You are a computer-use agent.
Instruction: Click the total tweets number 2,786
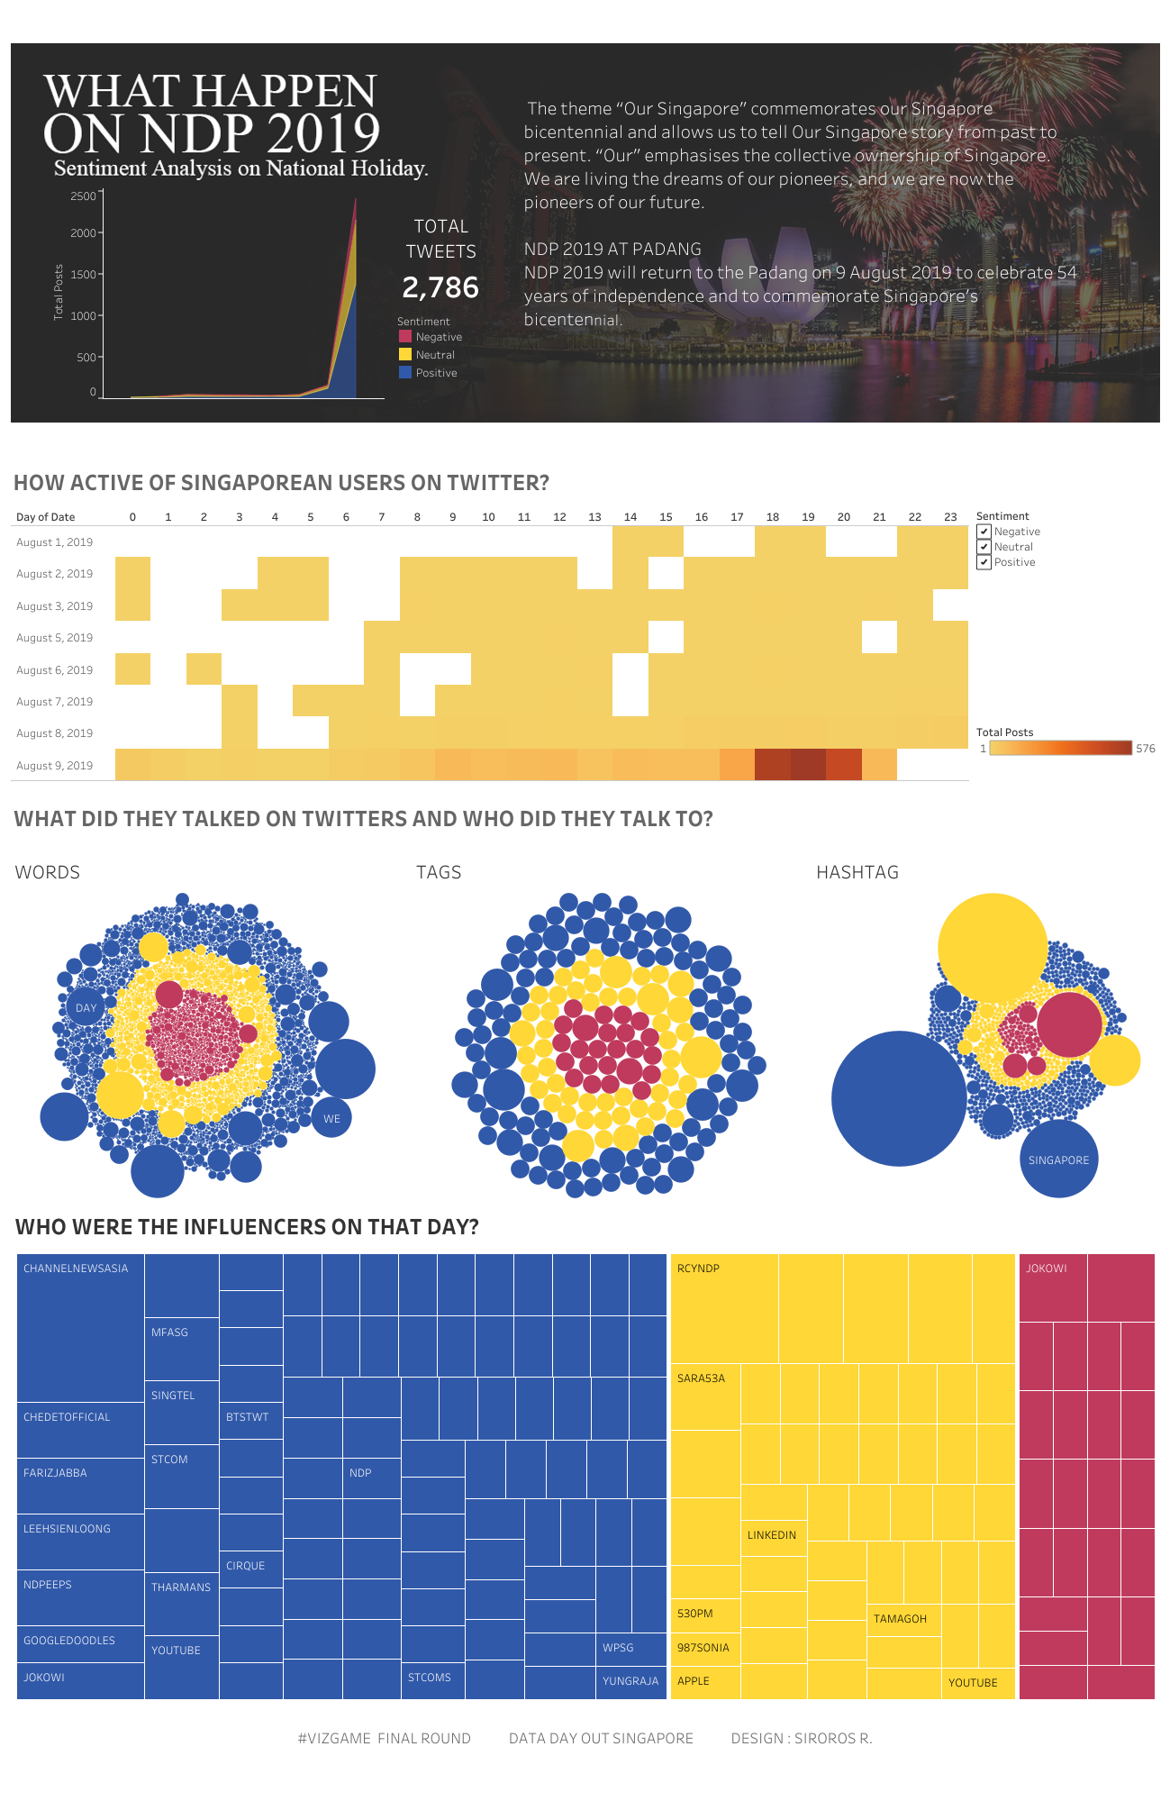pos(440,287)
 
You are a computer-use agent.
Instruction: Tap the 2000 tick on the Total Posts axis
pos(84,232)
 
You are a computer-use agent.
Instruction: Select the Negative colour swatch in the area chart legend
pos(405,336)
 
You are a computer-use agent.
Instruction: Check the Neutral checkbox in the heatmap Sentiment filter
pos(984,547)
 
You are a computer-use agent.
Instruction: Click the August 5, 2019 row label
pos(55,638)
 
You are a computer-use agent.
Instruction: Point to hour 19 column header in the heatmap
pos(808,517)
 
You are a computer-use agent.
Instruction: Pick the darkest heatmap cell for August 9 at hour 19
pos(808,765)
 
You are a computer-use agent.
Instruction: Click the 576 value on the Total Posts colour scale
pos(1145,749)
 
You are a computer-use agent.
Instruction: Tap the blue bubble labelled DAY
pos(86,1007)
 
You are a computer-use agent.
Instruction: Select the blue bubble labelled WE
pos(331,1118)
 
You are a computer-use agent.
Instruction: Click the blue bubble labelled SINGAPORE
pos(1058,1160)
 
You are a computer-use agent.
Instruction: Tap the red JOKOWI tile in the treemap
pos(1052,1287)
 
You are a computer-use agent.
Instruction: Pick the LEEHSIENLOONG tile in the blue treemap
pos(79,1541)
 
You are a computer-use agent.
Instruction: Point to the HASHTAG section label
pos(857,872)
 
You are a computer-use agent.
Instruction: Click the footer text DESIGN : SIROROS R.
pos(801,1738)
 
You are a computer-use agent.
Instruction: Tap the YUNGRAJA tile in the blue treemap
pos(630,1681)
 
